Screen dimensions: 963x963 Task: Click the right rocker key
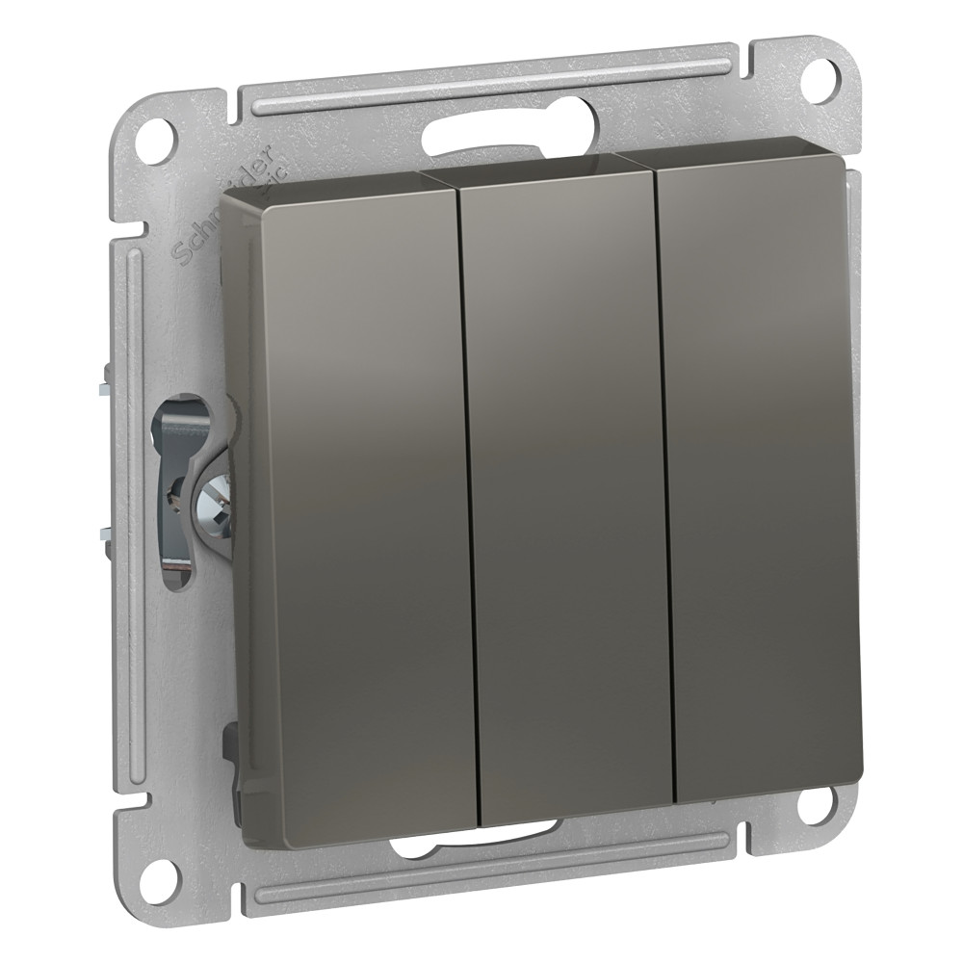[761, 472]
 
